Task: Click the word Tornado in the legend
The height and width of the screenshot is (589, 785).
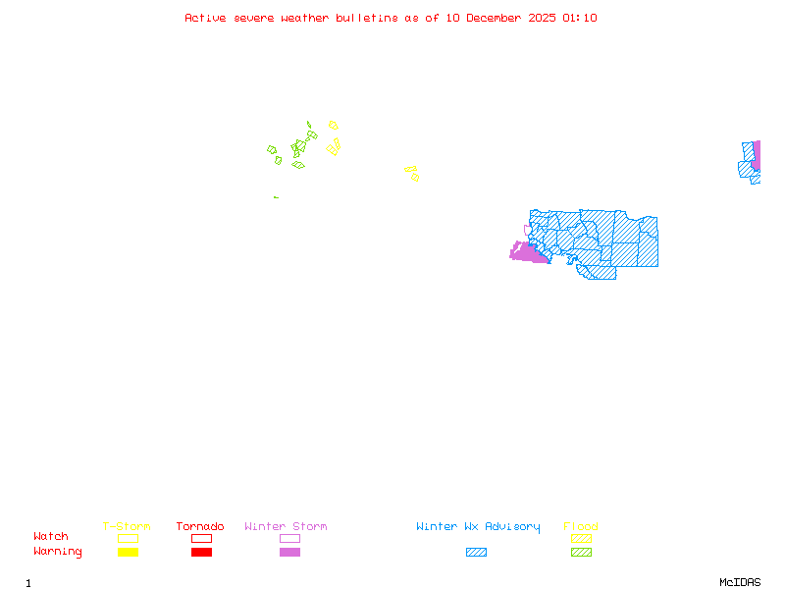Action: (x=200, y=527)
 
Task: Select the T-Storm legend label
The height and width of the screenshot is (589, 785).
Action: (x=127, y=527)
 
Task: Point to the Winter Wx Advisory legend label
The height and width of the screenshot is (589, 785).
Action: (x=478, y=527)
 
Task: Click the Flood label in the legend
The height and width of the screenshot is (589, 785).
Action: (x=581, y=527)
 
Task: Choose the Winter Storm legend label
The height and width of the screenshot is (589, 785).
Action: (x=286, y=527)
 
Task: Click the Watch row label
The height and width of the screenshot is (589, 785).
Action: (x=51, y=537)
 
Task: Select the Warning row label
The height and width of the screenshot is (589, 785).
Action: (x=58, y=552)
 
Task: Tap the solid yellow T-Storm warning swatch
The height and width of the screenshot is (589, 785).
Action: (x=128, y=552)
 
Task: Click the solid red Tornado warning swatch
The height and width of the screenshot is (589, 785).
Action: (x=201, y=552)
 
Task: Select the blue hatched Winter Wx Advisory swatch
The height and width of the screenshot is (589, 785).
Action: (x=476, y=552)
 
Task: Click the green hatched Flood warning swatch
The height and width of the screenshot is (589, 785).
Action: (x=581, y=552)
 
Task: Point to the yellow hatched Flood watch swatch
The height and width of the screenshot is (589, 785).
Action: (x=581, y=538)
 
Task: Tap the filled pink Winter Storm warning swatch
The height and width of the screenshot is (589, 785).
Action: (x=289, y=552)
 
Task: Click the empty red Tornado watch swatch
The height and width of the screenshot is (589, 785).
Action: (x=201, y=538)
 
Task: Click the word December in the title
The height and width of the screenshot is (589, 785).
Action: (x=497, y=18)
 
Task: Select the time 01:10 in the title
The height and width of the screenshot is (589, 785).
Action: (x=579, y=18)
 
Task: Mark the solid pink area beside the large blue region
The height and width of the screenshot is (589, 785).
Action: (x=528, y=253)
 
